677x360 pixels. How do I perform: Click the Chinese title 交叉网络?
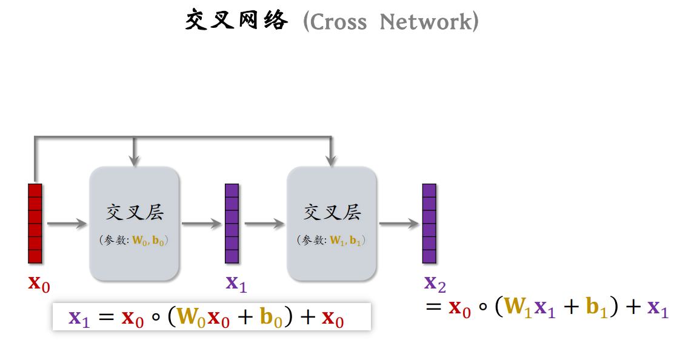[x=236, y=21]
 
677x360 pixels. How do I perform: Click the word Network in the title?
[x=424, y=22]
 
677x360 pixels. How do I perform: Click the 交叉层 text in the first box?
[x=135, y=213]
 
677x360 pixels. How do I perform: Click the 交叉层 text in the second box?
[x=332, y=213]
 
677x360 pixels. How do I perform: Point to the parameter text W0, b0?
[x=149, y=241]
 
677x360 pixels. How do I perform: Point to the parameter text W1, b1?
[x=346, y=241]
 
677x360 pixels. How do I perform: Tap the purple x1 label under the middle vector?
[x=236, y=283]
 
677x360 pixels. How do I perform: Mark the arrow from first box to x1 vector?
[x=202, y=224]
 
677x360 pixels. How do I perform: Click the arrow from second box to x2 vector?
[x=399, y=224]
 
